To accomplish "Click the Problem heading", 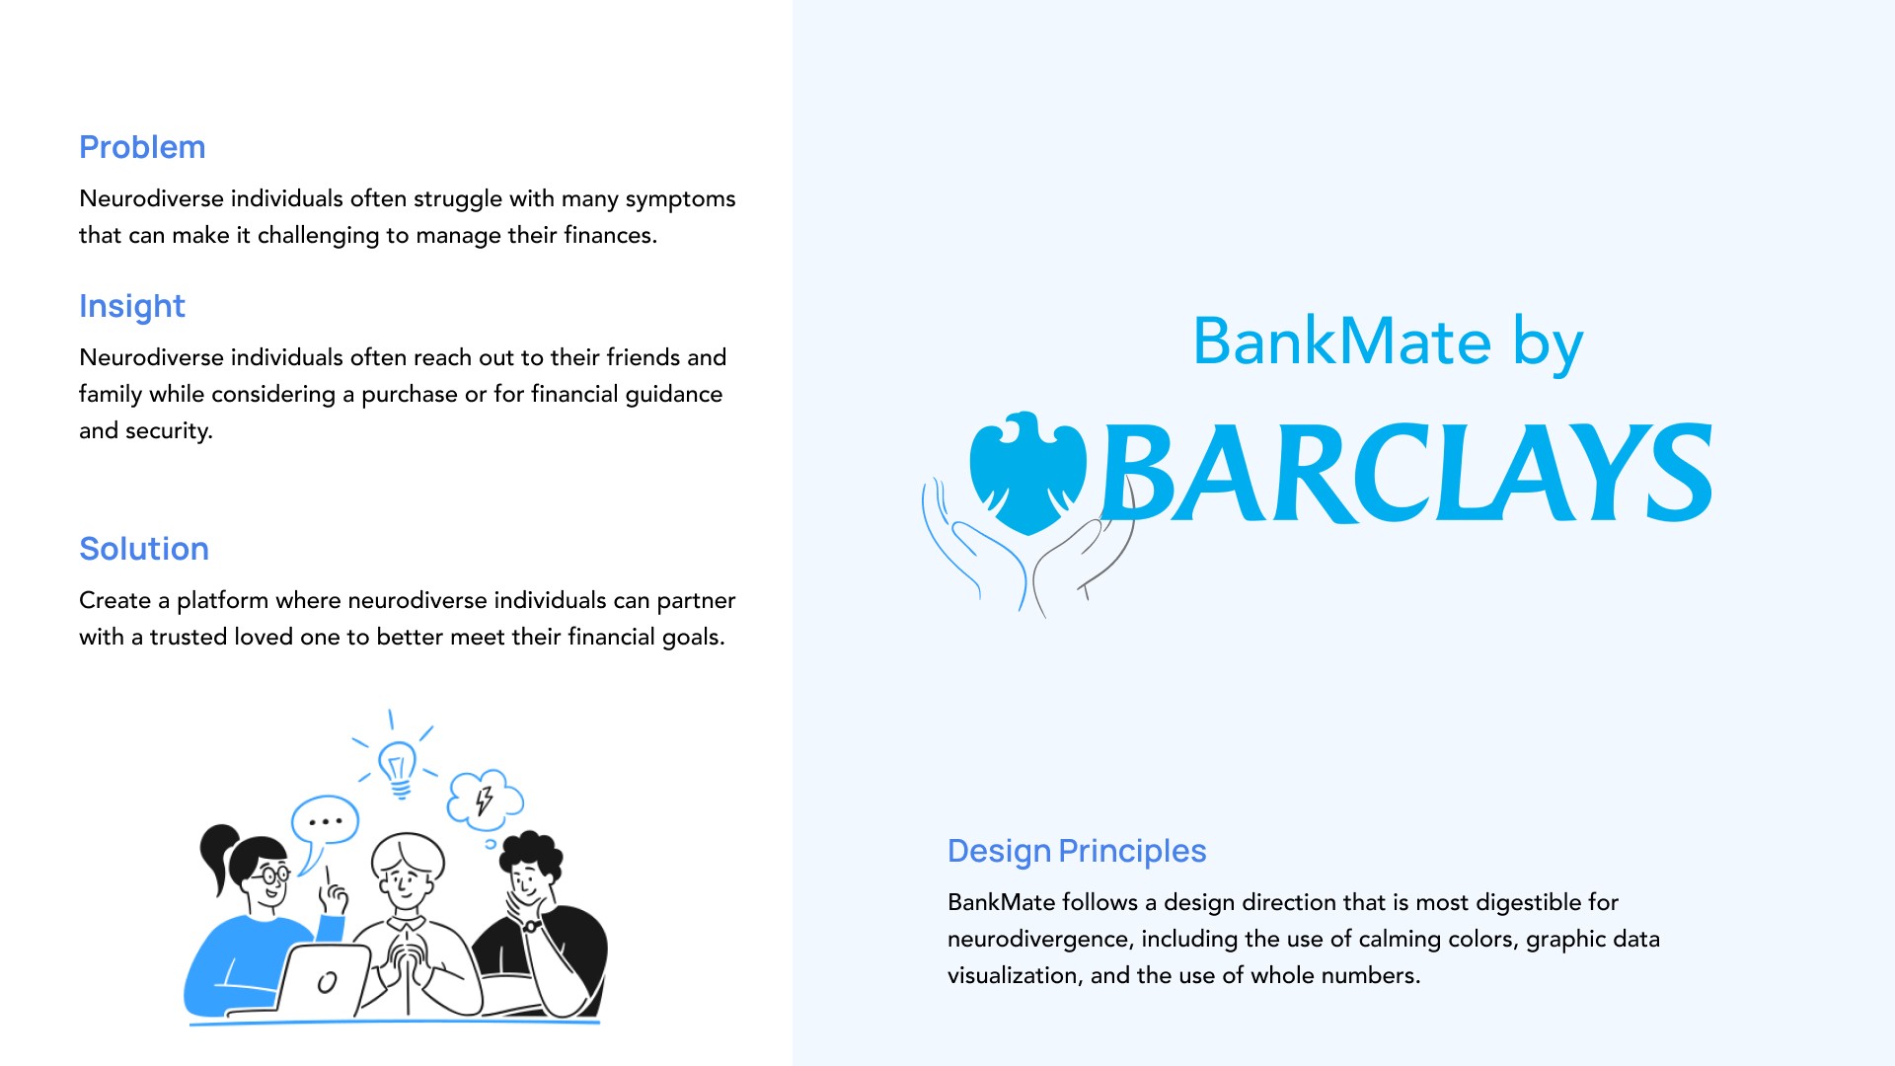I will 142,147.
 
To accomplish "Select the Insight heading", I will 131,306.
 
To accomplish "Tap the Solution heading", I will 144,549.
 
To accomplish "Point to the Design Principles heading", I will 1076,851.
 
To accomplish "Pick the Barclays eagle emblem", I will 1027,472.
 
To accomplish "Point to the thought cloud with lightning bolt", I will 485,799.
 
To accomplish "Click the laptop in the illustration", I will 324,980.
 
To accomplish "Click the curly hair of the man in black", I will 531,851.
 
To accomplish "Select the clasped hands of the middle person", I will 406,957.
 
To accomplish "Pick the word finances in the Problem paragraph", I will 610,236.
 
